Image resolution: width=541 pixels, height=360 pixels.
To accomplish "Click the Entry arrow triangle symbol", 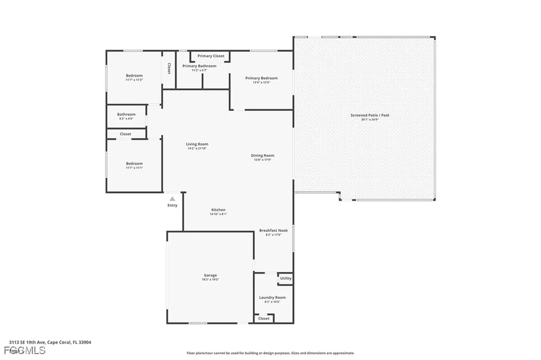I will point(172,198).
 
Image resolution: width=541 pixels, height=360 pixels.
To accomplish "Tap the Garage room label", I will point(210,275).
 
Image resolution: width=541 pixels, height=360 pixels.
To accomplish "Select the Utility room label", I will point(285,278).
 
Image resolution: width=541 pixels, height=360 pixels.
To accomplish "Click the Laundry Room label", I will point(272,298).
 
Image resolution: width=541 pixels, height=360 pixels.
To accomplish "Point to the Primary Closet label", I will point(211,56).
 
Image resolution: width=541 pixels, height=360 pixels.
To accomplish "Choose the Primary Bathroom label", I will point(199,66).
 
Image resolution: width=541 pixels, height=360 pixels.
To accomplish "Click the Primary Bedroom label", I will point(261,78).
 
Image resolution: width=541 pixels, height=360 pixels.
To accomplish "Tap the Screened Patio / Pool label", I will point(370,115).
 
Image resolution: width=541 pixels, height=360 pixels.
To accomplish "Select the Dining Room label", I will point(263,156).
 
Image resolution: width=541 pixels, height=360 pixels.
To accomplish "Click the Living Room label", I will point(197,144).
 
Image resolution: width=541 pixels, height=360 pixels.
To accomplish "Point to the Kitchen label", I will point(218,210).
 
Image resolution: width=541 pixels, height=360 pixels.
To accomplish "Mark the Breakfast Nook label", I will point(274,231).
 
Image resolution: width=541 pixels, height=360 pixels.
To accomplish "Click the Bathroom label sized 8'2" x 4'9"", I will point(126,115).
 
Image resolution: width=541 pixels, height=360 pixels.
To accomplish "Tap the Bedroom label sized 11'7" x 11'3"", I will point(134,76).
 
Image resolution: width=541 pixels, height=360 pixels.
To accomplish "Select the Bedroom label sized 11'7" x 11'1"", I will point(134,164).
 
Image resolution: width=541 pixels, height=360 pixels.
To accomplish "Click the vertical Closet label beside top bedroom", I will point(169,69).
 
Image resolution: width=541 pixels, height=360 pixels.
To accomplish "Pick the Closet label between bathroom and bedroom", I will point(125,134).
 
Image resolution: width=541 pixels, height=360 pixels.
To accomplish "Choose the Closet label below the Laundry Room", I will point(264,318).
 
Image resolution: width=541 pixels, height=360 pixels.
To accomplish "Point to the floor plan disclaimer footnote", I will point(270,353).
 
